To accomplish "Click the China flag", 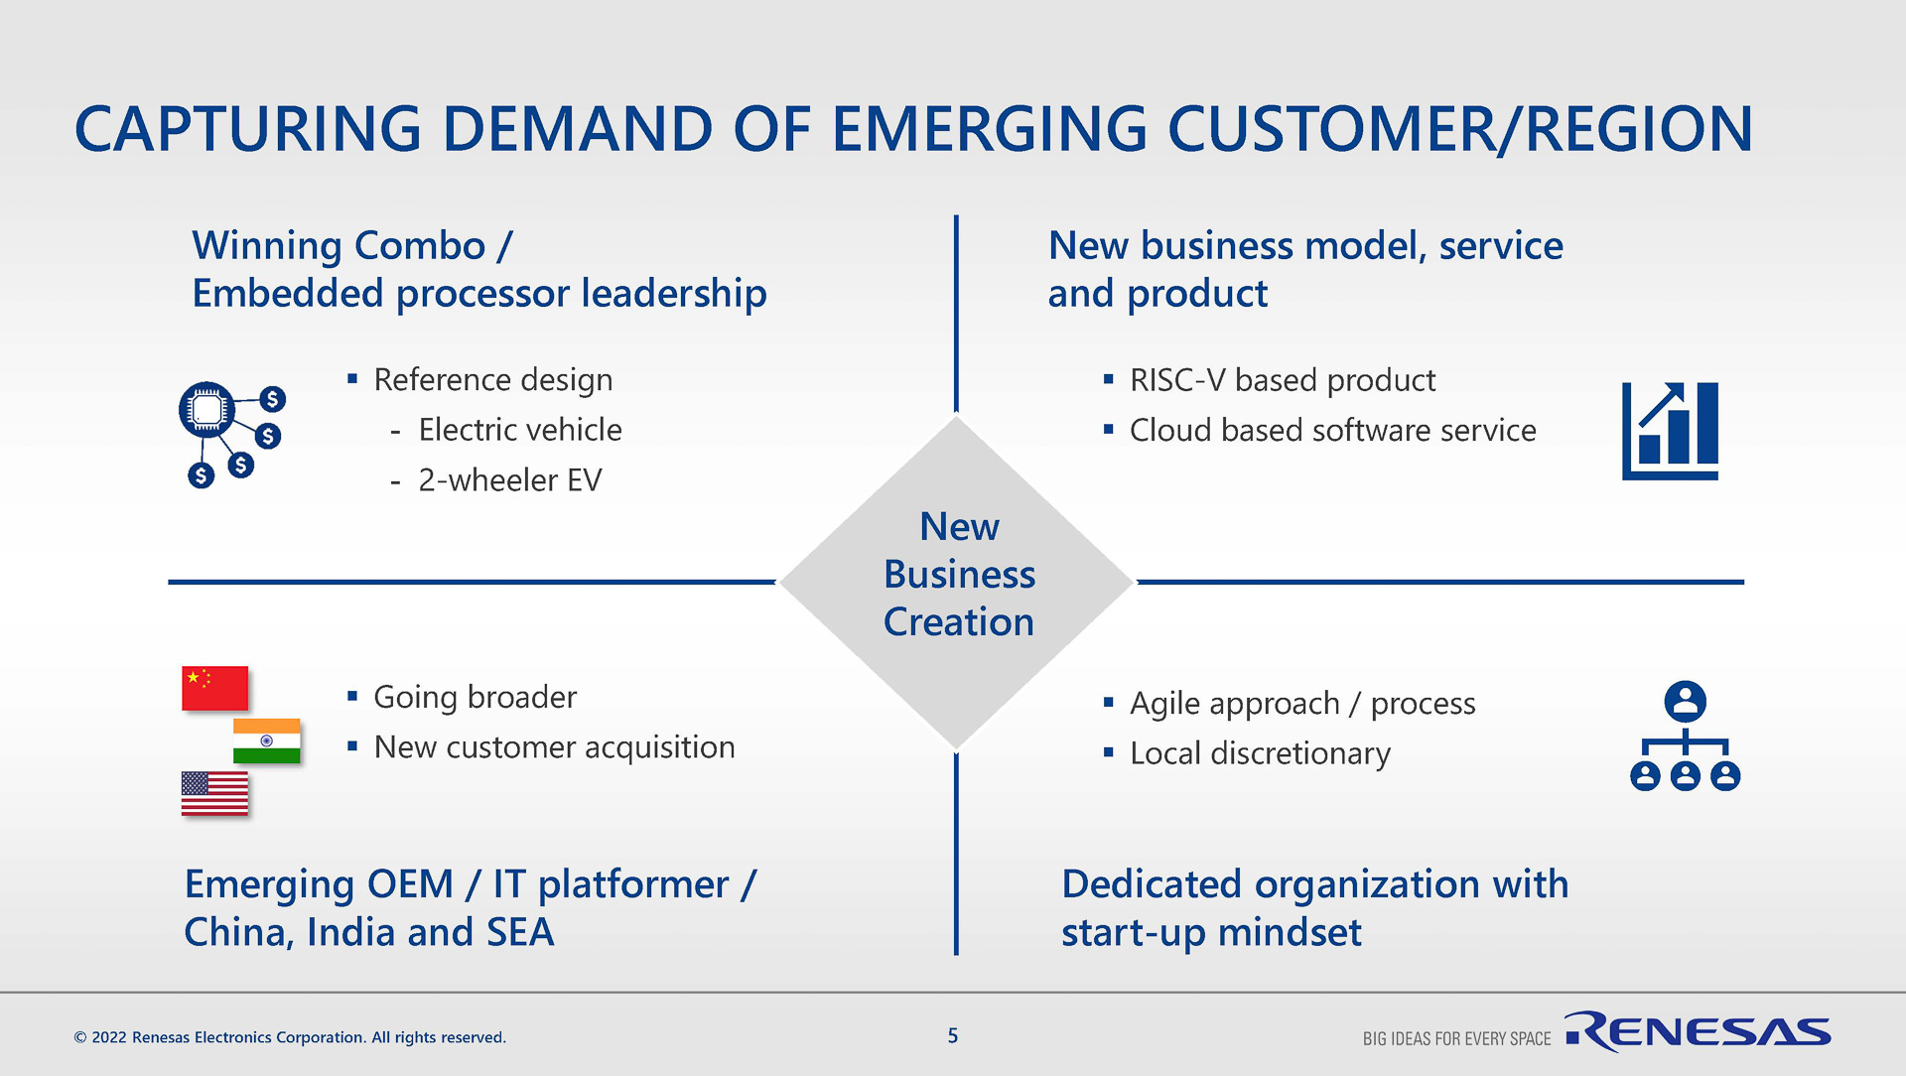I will coord(214,688).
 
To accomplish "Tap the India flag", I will coord(266,740).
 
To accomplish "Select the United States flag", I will coord(214,793).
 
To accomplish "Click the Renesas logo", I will coord(1698,1032).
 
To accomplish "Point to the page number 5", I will coord(953,1036).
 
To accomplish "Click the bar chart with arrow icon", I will coord(1670,431).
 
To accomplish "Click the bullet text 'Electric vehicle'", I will coord(520,430).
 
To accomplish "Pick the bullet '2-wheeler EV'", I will coord(509,480).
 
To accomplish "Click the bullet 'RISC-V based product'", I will coord(1282,380).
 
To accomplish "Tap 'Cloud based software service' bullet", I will coord(1332,431).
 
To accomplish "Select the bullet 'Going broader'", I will coord(475,697).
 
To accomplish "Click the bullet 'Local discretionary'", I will coord(1260,753).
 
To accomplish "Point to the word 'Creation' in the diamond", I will coord(959,622).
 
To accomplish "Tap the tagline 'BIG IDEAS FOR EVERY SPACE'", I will coord(1456,1038).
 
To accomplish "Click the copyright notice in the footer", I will coord(290,1037).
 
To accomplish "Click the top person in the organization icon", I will coord(1685,701).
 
